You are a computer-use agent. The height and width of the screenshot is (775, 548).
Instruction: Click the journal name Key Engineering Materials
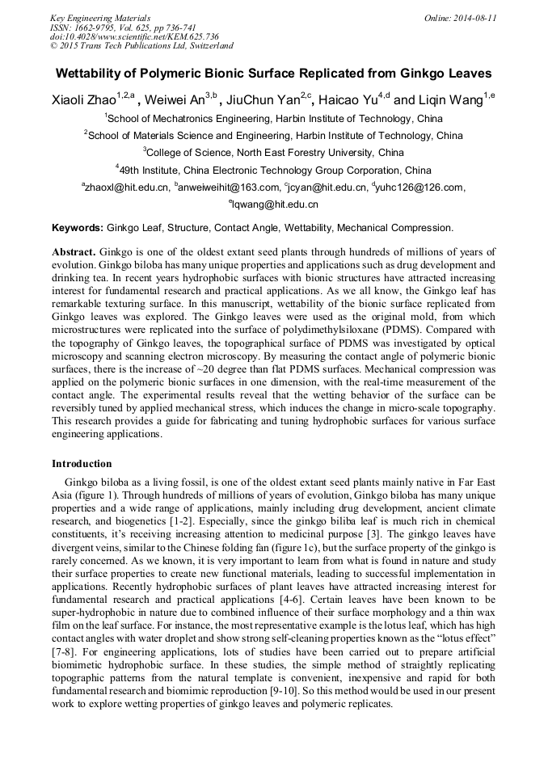99,17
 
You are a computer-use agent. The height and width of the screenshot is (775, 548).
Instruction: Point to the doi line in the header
134,36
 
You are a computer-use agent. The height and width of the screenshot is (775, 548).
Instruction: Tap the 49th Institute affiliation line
275,171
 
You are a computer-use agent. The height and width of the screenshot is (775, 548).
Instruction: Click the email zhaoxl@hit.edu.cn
127,187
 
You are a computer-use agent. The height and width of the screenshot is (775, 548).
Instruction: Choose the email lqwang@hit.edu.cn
275,205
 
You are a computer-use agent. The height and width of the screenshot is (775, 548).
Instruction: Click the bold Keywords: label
78,229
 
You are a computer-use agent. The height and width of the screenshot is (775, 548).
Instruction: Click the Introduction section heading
82,464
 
